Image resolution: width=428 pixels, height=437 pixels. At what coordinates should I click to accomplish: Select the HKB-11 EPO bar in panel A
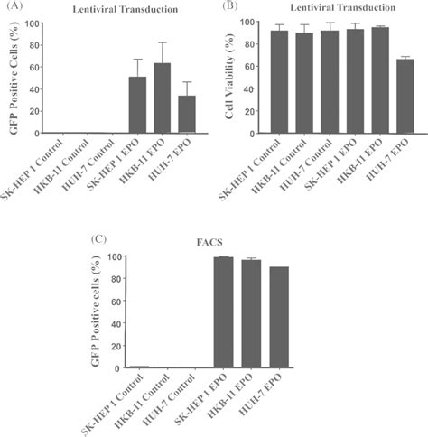[x=163, y=98]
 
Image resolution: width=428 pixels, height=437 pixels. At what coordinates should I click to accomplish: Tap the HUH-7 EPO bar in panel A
[x=186, y=115]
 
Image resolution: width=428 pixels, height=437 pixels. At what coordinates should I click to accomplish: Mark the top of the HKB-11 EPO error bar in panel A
[x=163, y=42]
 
